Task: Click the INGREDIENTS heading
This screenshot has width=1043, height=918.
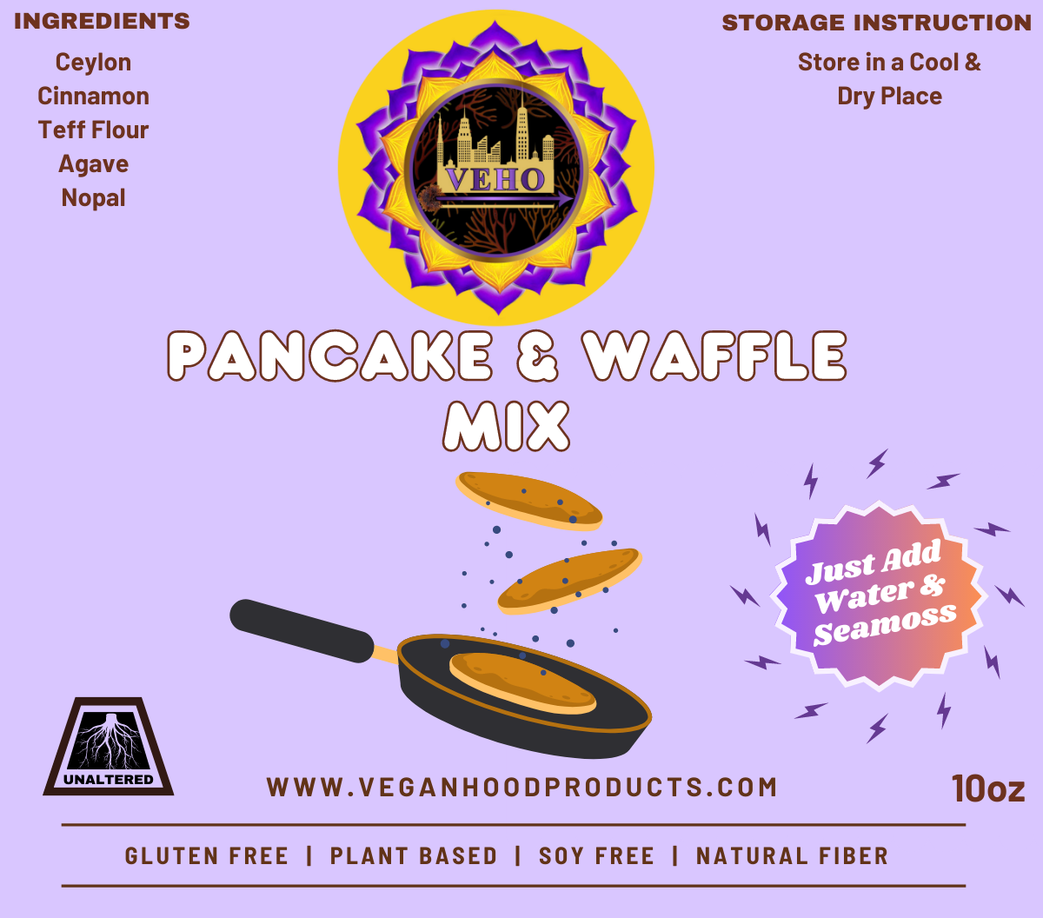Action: coord(102,22)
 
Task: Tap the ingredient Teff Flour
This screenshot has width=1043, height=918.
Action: coord(93,130)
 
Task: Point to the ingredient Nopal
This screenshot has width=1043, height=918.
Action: coord(93,198)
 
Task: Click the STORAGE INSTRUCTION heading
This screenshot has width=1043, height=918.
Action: coord(877,23)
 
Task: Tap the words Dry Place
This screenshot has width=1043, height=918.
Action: coord(889,96)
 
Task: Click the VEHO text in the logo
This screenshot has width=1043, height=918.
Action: coord(495,179)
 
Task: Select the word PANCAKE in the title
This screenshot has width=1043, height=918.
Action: coord(329,356)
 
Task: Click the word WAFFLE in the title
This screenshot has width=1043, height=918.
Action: coord(715,356)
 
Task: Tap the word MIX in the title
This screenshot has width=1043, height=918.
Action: coord(507,426)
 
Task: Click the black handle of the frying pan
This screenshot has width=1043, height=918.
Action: coord(302,630)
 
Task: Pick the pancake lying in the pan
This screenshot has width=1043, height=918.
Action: coord(522,683)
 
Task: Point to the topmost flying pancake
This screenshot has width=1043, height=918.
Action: coord(528,501)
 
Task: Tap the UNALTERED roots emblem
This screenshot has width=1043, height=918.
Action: coord(108,746)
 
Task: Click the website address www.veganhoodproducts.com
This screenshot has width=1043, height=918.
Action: coord(521,787)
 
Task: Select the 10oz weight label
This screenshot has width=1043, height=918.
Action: coord(988,788)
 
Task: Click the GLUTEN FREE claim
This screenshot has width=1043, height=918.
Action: coord(207,856)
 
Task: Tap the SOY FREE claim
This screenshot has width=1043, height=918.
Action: coord(596,856)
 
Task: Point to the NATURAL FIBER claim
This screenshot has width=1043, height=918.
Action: coord(792,856)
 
